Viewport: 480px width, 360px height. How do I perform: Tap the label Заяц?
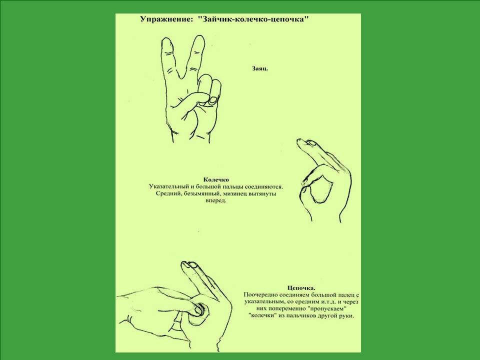coord(260,68)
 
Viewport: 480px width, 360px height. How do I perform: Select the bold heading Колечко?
coord(216,179)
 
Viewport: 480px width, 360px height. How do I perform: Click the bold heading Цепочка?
coord(301,288)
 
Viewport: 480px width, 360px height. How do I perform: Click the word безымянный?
coord(199,194)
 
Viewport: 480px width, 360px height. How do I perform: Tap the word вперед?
coord(216,201)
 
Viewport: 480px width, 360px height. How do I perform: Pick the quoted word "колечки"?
coord(261,316)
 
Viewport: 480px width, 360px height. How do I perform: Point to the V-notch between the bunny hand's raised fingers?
coord(182,78)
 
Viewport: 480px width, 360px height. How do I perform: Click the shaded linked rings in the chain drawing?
coord(199,310)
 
